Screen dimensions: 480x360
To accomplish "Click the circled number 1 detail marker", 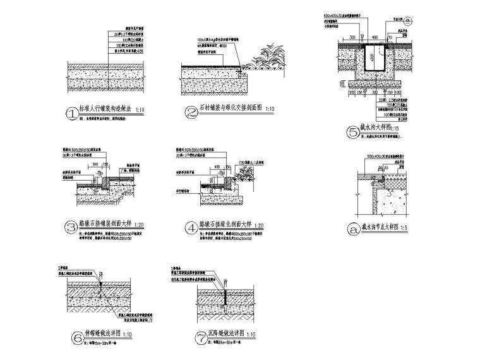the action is pos(74,114).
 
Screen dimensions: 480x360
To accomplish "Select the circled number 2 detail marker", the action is pos(191,114).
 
